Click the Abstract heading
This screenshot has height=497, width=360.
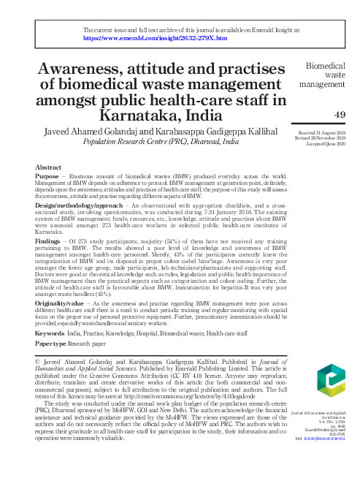tap(48, 167)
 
